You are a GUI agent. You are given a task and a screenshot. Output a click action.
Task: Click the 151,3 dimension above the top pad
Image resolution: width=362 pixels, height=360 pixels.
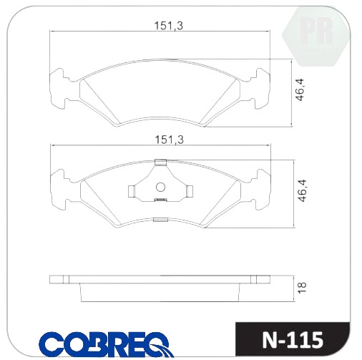[x=169, y=26]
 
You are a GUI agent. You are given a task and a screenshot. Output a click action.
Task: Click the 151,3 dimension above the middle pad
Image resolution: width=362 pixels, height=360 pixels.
[x=170, y=140]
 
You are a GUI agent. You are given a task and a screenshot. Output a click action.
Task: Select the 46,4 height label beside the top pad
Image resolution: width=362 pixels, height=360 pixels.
[x=299, y=89]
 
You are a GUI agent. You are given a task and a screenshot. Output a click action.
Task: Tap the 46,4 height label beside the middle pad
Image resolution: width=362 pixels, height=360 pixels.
[x=302, y=190]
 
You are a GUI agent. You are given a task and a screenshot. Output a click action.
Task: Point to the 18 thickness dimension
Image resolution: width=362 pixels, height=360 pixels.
[x=302, y=288]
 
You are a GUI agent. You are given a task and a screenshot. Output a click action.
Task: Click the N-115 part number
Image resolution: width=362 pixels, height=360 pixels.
[x=293, y=340]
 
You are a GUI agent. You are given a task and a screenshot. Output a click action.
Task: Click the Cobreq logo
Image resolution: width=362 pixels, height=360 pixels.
[x=106, y=344]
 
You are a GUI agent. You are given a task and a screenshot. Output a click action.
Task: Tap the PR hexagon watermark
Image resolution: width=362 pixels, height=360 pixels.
[x=315, y=36]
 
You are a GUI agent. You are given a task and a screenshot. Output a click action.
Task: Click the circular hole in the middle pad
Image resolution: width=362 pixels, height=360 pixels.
[x=160, y=188]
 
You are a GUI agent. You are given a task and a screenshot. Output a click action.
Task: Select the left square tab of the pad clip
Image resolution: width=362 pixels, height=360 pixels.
[x=132, y=192]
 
